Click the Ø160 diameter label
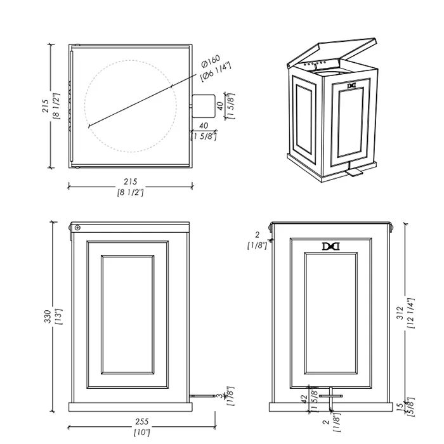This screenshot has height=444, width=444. tap(211, 62)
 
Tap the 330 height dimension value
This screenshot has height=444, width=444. tap(48, 317)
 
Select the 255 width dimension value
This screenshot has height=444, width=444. tap(141, 422)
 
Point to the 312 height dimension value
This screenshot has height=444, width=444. tap(400, 313)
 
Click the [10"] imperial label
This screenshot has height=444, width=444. tap(141, 433)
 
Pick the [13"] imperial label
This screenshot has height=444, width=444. tap(58, 317)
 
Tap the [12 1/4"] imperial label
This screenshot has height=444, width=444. tap(410, 313)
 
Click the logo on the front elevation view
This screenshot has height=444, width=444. tap(330, 246)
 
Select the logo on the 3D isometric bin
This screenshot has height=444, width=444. tap(351, 86)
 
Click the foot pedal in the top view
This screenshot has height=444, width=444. tap(204, 106)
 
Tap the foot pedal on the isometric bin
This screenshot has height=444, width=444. tap(354, 171)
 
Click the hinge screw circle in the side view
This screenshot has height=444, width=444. tap(77, 228)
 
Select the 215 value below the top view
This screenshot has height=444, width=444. tap(130, 181)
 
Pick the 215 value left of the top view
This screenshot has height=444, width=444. tap(45, 106)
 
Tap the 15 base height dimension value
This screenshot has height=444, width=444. tap(400, 406)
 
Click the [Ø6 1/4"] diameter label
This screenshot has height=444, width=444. tap(216, 72)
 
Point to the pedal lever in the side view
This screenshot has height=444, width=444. tap(202, 396)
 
